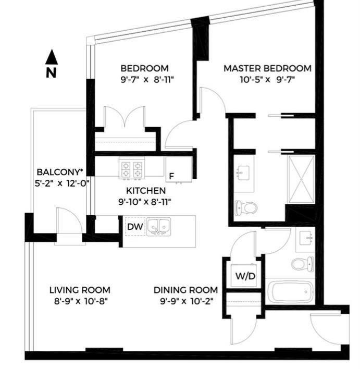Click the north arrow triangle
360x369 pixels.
[52, 57]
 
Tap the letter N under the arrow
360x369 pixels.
[51, 73]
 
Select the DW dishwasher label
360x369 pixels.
[135, 227]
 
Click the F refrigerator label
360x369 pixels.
[171, 176]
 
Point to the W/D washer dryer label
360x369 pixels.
[245, 276]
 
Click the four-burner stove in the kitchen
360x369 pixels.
[132, 169]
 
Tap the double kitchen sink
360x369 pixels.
[158, 227]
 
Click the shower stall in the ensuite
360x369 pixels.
[302, 179]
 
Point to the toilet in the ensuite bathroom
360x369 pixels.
[246, 208]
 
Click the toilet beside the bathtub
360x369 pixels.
[303, 264]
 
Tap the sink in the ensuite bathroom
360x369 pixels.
[243, 173]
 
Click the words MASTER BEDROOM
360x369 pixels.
[267, 68]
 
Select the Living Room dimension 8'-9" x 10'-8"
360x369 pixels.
[81, 301]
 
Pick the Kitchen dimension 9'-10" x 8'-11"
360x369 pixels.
[144, 202]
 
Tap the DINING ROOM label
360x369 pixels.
[185, 290]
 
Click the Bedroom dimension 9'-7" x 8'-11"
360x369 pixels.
[147, 80]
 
